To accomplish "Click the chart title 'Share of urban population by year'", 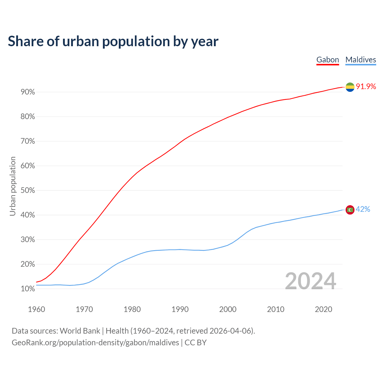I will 113,41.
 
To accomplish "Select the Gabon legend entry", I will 328,60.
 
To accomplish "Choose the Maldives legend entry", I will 361,60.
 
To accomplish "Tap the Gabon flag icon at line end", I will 350,87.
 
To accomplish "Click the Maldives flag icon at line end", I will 350,209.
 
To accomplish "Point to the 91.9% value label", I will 366,87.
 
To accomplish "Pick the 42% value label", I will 363,209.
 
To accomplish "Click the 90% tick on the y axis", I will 28,92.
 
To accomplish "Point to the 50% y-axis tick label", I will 28,190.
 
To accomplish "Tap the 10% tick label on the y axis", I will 28,289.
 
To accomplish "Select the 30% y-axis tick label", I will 28,240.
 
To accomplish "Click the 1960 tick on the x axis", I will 36,309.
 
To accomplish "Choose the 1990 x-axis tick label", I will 180,309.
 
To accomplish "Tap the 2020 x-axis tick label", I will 323,309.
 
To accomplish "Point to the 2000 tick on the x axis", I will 228,309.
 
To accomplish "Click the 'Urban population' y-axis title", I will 13,186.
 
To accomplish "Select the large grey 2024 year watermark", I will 310,281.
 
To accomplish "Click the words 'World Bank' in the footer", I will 80,331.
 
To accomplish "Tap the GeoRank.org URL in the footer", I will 95,343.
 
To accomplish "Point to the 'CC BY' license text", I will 196,343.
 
